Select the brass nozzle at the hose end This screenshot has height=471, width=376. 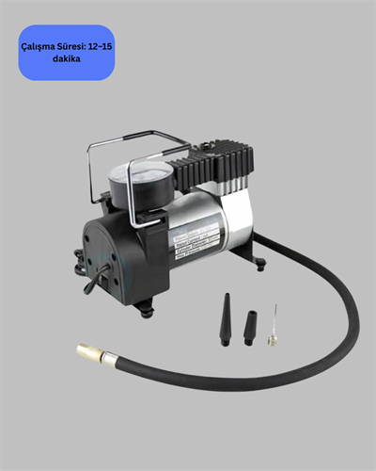tap(88, 352)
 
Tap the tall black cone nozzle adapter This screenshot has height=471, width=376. tap(225, 319)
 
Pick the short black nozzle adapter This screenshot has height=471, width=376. tap(249, 326)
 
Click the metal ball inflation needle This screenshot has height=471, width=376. tap(273, 325)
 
